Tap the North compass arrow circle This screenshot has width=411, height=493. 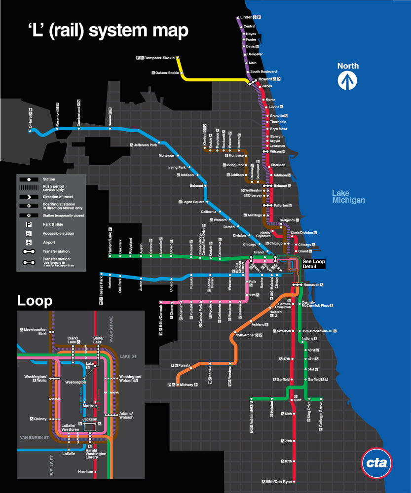pyautogui.click(x=348, y=80)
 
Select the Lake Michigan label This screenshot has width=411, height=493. pyautogui.click(x=348, y=197)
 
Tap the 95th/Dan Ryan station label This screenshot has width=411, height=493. pyautogui.click(x=279, y=481)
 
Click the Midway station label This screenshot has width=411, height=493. pyautogui.click(x=187, y=385)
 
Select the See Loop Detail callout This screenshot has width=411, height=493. pyautogui.click(x=314, y=264)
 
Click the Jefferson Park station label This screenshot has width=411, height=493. pyautogui.click(x=145, y=145)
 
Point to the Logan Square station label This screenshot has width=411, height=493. pyautogui.click(x=193, y=202)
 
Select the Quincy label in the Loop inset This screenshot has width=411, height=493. pyautogui.click(x=40, y=419)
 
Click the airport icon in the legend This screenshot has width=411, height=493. pyautogui.click(x=29, y=242)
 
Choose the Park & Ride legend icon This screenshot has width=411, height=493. pyautogui.click(x=29, y=224)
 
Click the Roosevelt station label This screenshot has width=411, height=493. pyautogui.click(x=312, y=284)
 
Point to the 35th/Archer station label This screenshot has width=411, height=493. pyautogui.click(x=249, y=335)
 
